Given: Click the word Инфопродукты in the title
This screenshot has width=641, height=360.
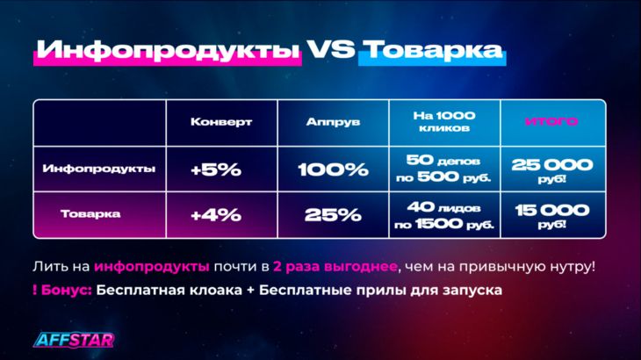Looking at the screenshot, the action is tap(168, 51).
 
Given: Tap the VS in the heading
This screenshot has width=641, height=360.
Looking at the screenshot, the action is tap(331, 49).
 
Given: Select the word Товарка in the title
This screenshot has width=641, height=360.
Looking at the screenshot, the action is tap(433, 50).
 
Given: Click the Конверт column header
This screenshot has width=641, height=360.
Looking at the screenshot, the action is tap(221, 122).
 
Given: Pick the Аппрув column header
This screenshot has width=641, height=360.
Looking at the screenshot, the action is tap(333, 122).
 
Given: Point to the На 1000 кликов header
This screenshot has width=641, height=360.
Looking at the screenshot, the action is tap(444, 122).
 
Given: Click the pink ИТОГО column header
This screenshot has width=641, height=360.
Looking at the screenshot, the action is tap(551, 121).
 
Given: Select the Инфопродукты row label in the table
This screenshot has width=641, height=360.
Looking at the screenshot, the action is tap(99, 169).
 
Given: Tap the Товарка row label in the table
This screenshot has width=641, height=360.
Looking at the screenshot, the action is tap(90, 213).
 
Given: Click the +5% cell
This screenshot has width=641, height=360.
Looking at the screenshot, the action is tap(216, 169).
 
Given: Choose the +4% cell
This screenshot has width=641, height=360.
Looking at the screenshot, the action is tap(216, 215).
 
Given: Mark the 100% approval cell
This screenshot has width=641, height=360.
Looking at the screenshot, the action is tap(333, 169).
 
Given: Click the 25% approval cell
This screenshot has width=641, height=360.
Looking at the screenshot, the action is tap(333, 215).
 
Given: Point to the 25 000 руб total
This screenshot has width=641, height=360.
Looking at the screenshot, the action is tap(552, 170).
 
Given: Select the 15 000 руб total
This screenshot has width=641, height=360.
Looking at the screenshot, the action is tap(552, 215).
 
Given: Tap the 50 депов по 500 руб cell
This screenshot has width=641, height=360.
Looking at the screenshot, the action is tap(443, 169).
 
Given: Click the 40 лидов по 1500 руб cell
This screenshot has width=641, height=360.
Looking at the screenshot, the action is tap(444, 215).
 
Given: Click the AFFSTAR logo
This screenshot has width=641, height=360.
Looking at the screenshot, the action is tap(74, 340).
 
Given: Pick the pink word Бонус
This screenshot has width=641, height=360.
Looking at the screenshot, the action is tap(66, 290).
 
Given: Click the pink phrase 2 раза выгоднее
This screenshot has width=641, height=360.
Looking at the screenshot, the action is tap(335, 267).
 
